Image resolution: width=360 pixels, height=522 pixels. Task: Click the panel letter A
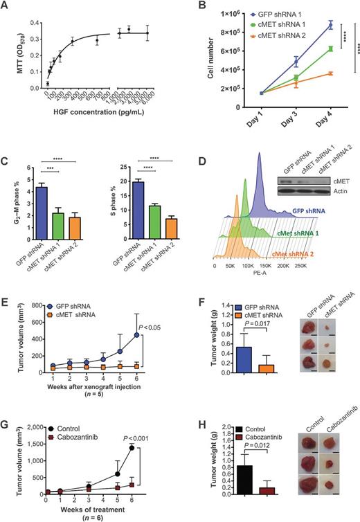7,7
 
